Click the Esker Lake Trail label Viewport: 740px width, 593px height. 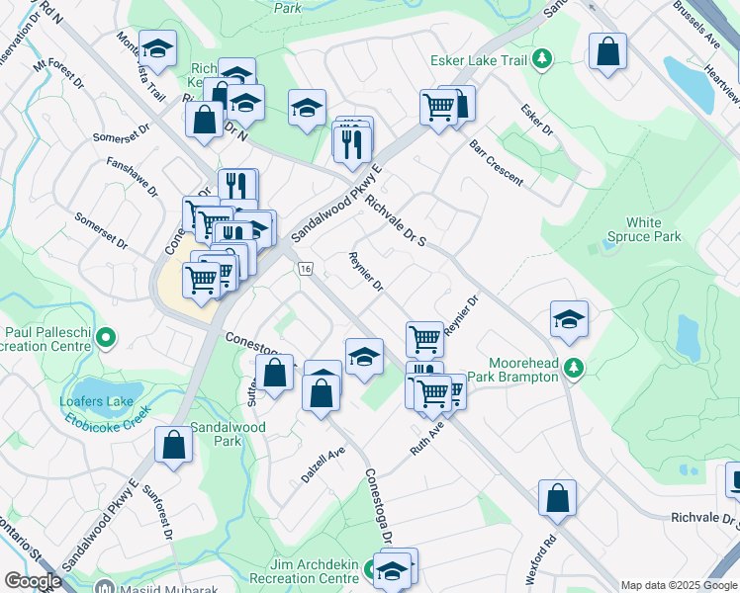(x=479, y=60)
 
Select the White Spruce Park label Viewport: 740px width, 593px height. (x=643, y=229)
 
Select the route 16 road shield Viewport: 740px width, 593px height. (x=304, y=270)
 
